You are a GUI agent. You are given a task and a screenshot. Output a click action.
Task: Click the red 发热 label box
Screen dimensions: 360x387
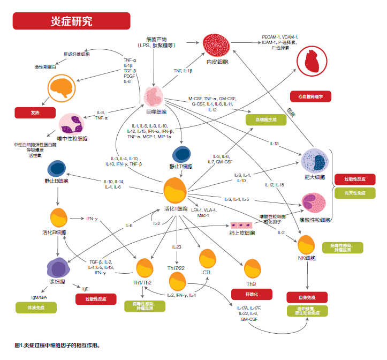coord(35,112)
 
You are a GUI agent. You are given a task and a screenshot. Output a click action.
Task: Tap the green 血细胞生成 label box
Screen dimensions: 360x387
coord(266,120)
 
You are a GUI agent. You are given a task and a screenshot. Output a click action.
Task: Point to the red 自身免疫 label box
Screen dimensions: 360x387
coord(307,297)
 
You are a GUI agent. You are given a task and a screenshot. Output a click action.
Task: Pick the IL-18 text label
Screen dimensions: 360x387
coord(274,144)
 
